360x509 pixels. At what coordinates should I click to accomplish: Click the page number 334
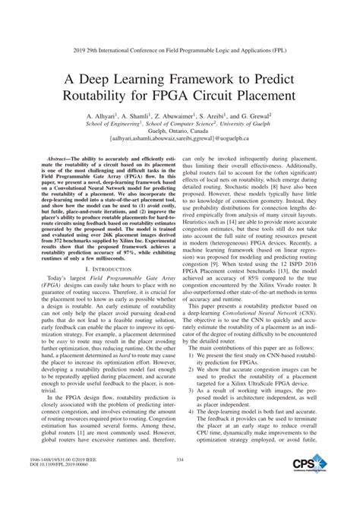tap(180, 480)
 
